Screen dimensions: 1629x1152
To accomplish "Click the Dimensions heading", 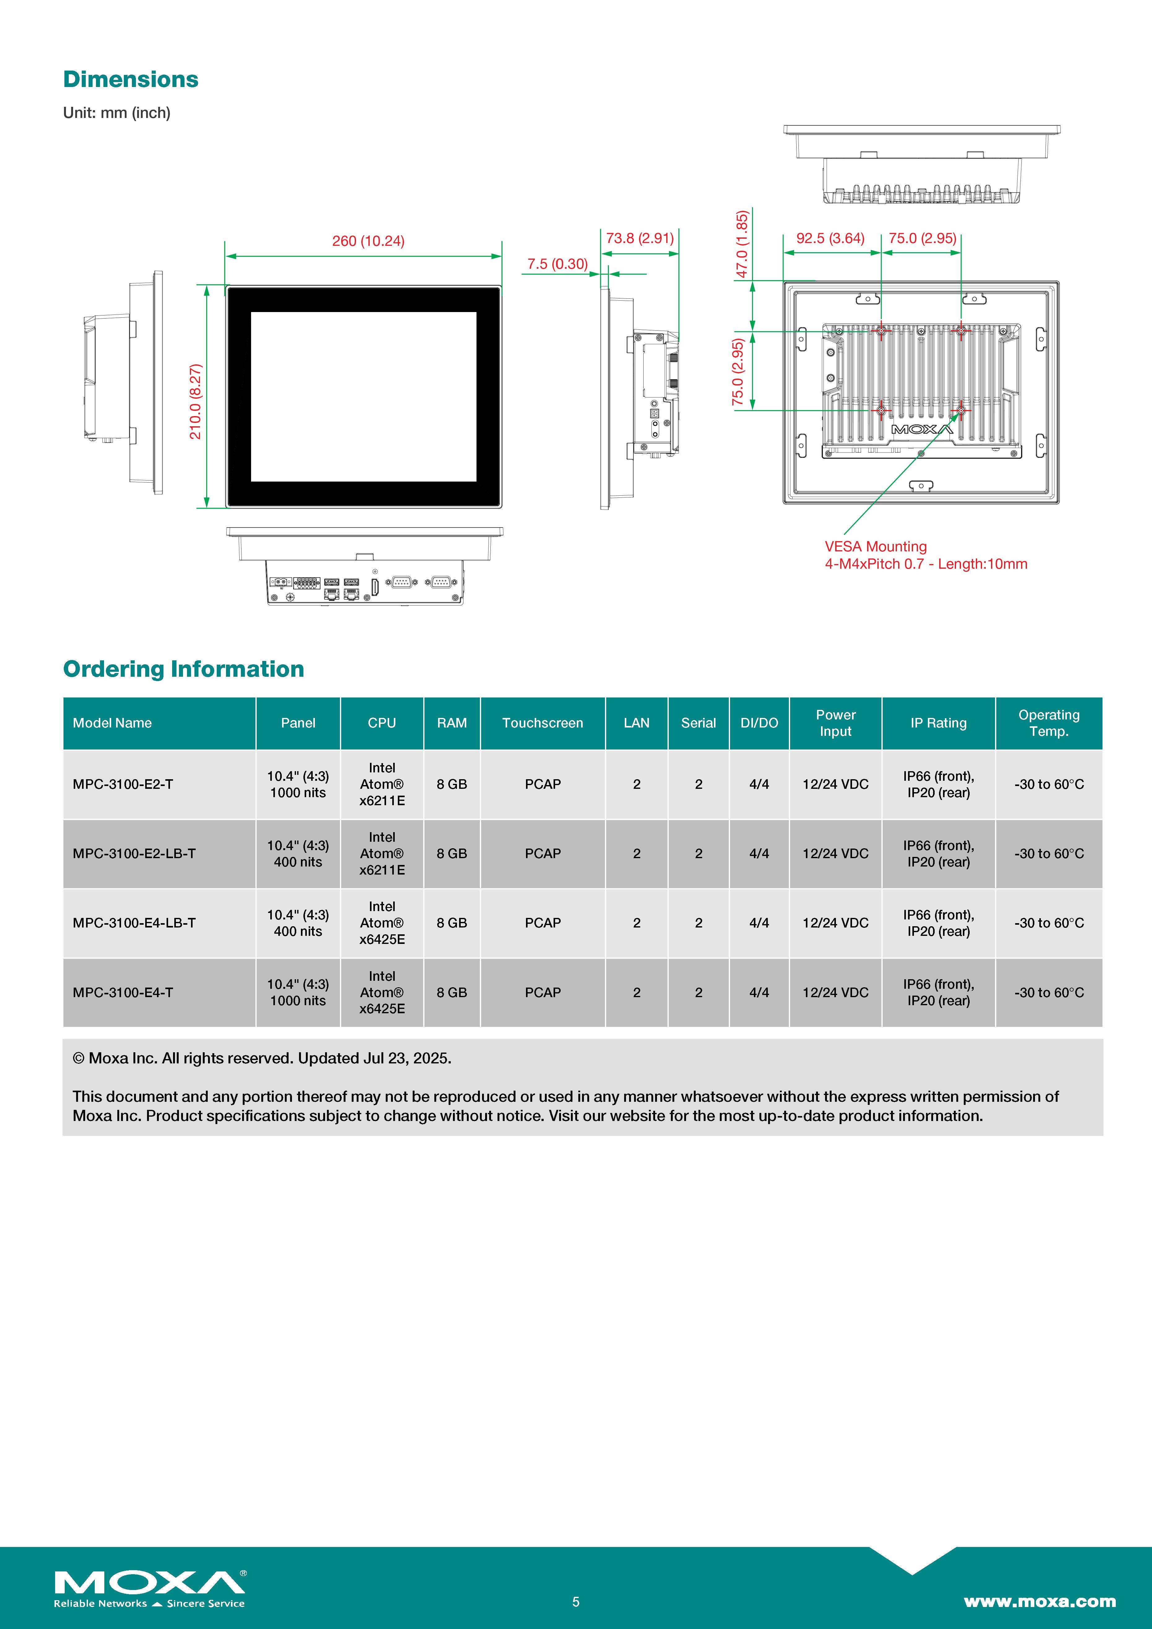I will tap(131, 80).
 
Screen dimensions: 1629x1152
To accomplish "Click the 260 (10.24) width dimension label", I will tap(368, 241).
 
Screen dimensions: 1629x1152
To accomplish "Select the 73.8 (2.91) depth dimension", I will tap(639, 238).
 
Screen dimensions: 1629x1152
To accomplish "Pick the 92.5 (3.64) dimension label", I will tap(830, 238).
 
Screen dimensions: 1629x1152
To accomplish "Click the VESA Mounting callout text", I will tap(875, 546).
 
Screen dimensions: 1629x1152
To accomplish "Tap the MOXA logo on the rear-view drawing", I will tap(922, 429).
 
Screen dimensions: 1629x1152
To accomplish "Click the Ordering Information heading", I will tap(184, 669).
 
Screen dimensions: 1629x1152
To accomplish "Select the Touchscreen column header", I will tap(543, 723).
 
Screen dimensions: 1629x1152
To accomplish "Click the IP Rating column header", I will tap(938, 723).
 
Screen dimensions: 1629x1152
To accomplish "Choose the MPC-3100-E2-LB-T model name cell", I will tap(134, 854).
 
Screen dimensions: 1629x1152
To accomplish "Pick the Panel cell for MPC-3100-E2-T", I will tap(298, 784).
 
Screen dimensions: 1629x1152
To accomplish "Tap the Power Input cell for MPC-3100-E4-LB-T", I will tap(835, 923).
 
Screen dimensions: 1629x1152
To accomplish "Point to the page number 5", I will tap(576, 1601).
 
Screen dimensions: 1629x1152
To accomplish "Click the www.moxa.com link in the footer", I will tap(1039, 1601).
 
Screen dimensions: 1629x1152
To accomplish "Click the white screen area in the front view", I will tap(363, 397).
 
